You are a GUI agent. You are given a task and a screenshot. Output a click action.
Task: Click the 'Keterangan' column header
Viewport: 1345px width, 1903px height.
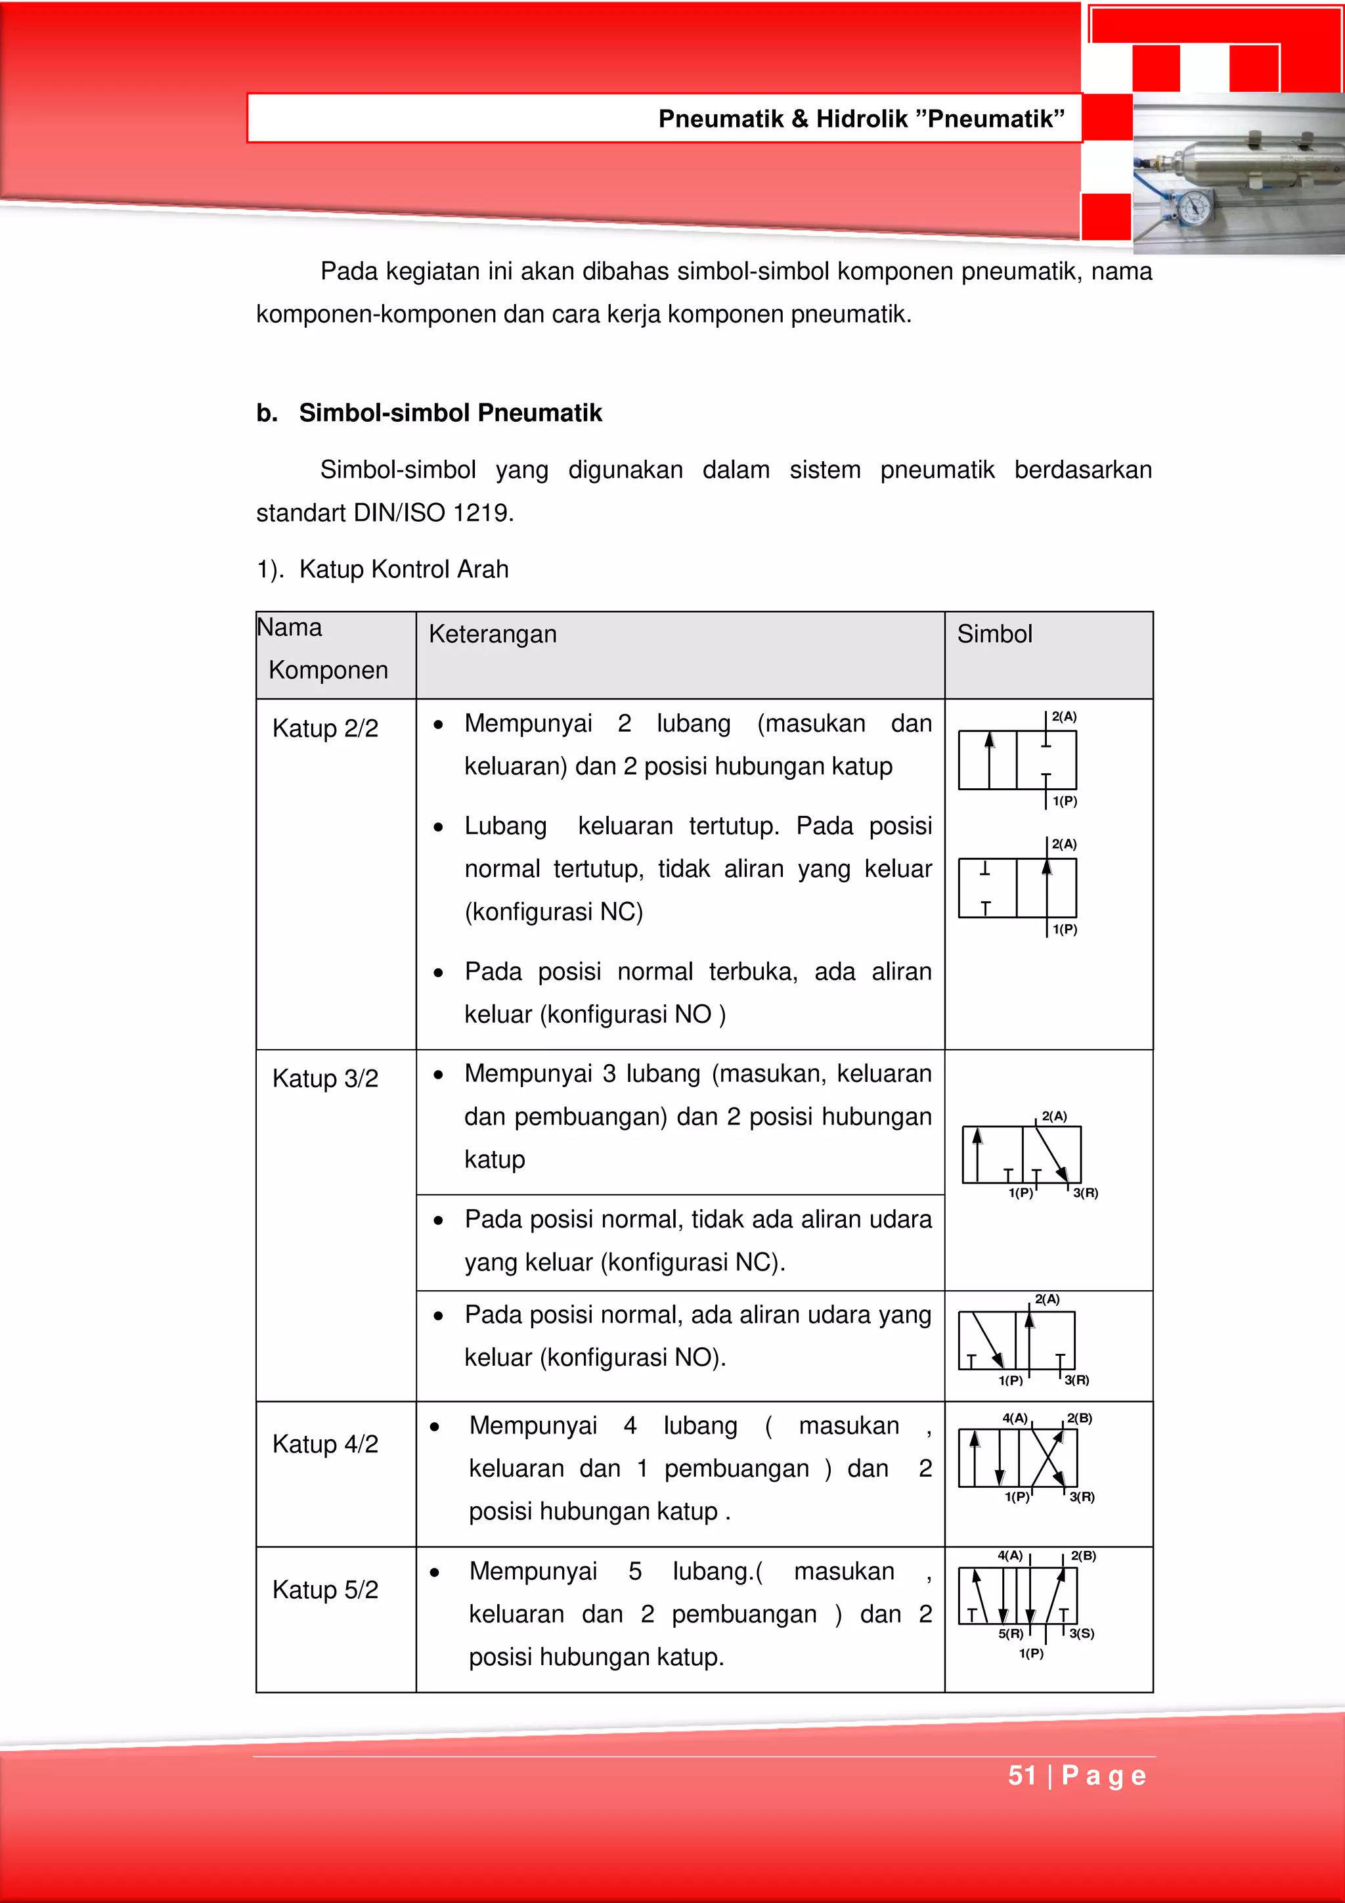point(493,634)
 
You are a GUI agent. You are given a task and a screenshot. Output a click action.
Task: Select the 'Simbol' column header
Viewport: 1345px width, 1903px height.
point(994,634)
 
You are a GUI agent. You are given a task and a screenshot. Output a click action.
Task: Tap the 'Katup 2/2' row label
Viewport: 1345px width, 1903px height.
point(325,728)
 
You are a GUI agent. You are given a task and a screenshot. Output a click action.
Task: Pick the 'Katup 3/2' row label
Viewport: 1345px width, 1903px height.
point(325,1079)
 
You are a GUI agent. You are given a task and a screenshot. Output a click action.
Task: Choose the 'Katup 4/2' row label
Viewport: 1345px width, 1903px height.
point(325,1444)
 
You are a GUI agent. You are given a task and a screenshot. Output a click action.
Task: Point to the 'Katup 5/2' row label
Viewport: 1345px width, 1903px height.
point(325,1590)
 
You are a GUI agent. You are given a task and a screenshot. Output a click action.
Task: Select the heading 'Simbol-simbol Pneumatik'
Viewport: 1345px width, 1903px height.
point(450,413)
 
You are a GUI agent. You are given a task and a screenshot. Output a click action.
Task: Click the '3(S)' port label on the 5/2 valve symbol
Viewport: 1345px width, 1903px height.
point(1082,1633)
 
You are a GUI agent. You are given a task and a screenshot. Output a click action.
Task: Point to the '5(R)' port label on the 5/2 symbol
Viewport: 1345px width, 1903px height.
point(1010,1633)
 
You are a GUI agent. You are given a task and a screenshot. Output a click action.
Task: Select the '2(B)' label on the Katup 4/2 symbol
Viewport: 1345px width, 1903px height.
point(1079,1418)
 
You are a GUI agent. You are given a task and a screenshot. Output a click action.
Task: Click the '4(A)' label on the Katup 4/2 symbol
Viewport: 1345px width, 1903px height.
point(1015,1418)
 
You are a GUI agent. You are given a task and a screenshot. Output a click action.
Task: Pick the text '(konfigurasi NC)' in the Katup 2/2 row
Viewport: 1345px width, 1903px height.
point(554,912)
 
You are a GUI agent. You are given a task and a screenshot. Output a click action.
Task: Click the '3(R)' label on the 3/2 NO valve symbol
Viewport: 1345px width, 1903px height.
point(1076,1380)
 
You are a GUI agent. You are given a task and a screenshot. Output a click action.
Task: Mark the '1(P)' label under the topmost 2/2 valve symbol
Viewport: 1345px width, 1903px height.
point(1065,801)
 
